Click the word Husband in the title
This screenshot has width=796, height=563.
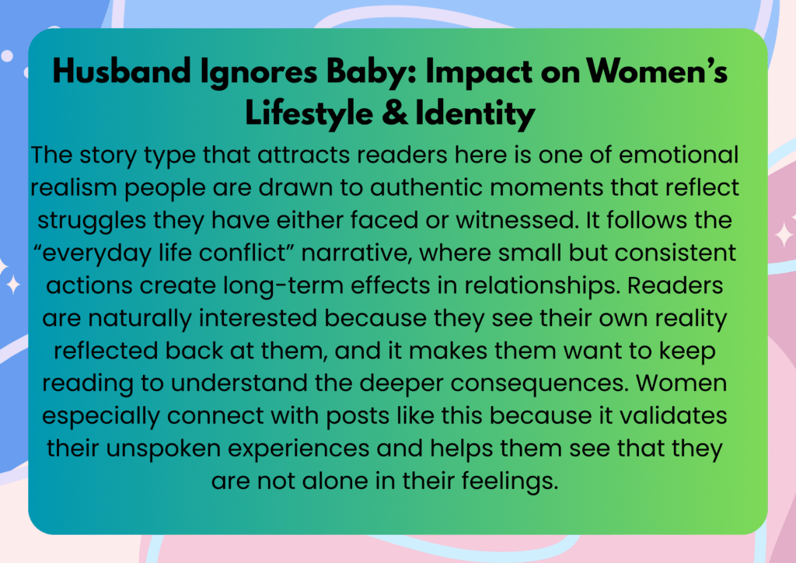coord(122,71)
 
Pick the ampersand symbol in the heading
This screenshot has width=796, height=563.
coord(395,114)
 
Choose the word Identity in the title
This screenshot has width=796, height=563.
coord(475,114)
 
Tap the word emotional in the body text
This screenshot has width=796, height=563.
coord(679,155)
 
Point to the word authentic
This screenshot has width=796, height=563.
coord(425,188)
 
